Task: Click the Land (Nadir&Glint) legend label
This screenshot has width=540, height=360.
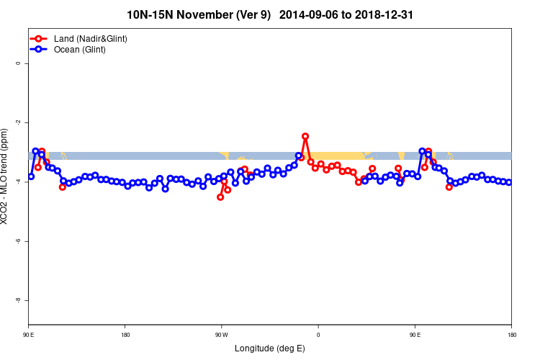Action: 91,38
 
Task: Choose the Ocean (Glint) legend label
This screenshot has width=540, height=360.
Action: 80,50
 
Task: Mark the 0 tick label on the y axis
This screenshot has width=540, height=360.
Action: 19,63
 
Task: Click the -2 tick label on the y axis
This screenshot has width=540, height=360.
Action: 19,122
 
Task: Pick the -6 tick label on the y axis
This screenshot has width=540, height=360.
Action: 19,241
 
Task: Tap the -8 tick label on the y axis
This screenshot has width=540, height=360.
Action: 19,300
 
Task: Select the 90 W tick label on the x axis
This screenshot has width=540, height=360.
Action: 221,335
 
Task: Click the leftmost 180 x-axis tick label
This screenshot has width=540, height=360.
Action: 125,335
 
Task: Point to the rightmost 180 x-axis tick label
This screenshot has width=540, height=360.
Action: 511,335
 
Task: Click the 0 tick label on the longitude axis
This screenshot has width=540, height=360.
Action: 318,335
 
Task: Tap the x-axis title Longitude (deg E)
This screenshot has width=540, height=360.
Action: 270,348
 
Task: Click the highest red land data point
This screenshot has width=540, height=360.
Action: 305,136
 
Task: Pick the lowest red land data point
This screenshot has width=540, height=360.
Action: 220,197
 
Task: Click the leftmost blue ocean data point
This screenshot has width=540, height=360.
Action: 31,176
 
